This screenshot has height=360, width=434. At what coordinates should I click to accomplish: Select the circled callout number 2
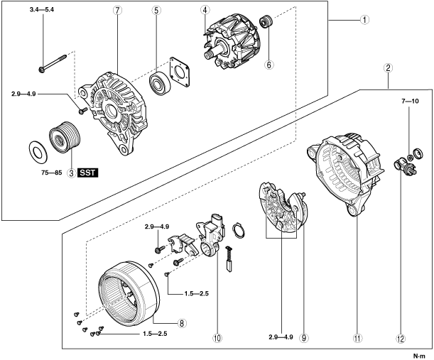(389, 69)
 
